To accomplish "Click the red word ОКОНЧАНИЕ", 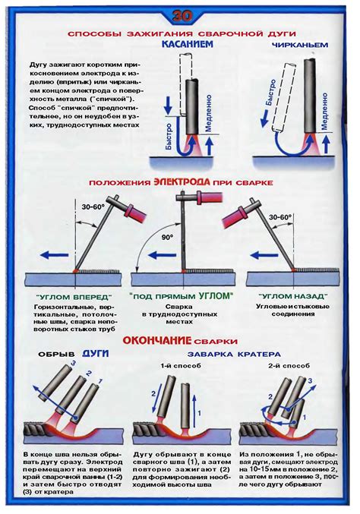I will coord(157,342).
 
